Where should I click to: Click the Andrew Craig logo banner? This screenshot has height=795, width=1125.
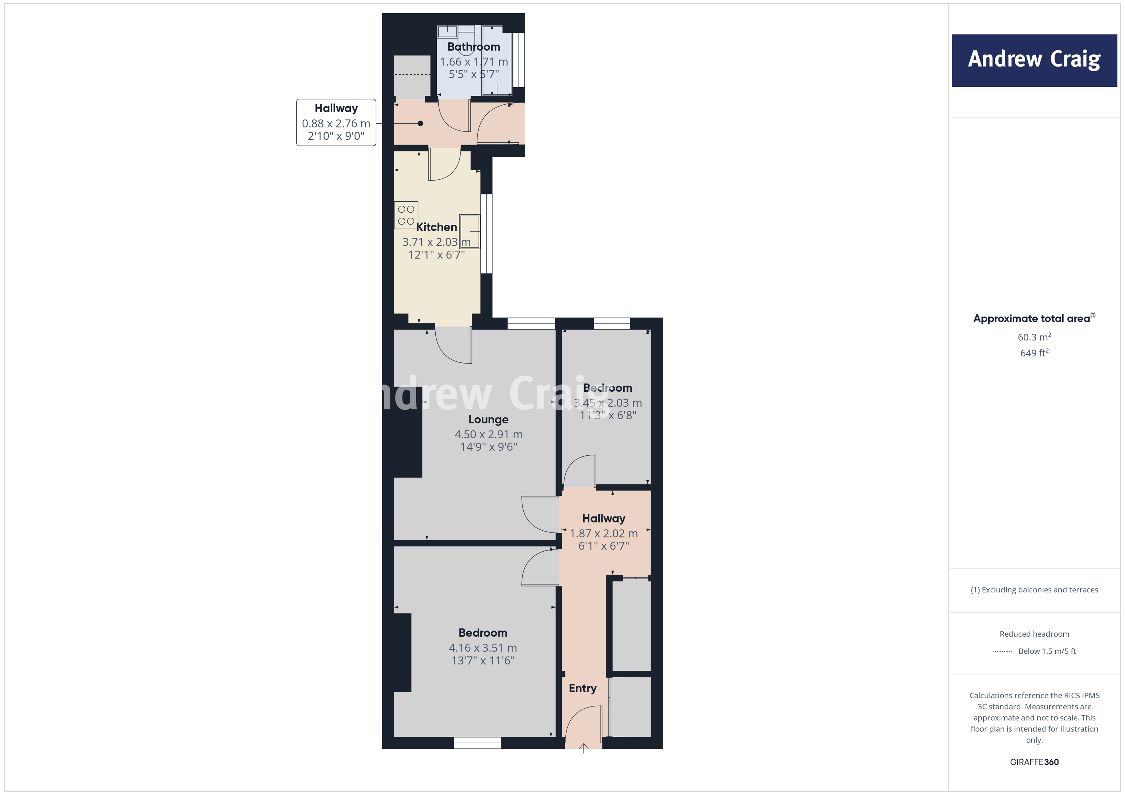pyautogui.click(x=1034, y=60)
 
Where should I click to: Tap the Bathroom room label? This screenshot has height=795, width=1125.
pyautogui.click(x=473, y=47)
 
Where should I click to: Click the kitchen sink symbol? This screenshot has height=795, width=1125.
pyautogui.click(x=469, y=231)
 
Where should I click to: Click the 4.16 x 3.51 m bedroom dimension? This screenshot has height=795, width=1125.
pyautogui.click(x=483, y=648)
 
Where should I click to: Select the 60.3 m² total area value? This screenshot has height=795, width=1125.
pyautogui.click(x=1034, y=337)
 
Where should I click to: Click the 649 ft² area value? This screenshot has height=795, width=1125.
pyautogui.click(x=1034, y=353)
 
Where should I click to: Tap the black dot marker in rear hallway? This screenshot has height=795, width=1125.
pyautogui.click(x=420, y=123)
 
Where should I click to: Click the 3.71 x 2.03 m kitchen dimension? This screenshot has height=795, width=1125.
pyautogui.click(x=436, y=242)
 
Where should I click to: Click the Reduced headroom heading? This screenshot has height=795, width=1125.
pyautogui.click(x=1034, y=634)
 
